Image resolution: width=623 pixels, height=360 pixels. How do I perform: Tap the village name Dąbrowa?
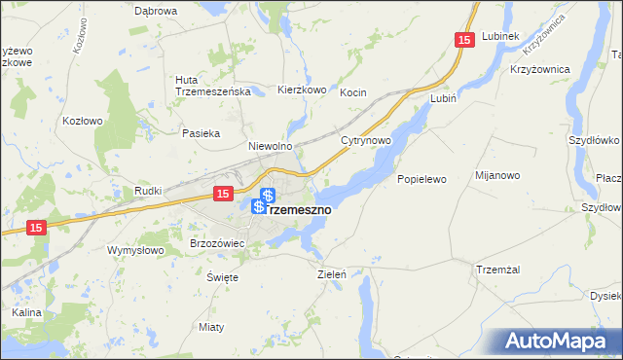[x=156, y=11]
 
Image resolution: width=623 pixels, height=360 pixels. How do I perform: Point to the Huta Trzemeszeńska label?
[x=213, y=86]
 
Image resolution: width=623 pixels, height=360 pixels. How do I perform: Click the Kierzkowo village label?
[x=301, y=90]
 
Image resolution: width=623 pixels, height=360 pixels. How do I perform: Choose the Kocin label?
[x=352, y=92]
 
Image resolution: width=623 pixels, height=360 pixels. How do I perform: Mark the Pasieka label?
[x=201, y=132]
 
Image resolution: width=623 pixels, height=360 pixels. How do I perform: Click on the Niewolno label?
[x=270, y=146]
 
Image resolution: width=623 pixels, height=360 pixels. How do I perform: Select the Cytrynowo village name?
[x=366, y=140]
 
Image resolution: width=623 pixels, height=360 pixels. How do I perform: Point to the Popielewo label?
[x=421, y=179]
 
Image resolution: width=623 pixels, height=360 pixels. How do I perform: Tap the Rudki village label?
[x=147, y=191]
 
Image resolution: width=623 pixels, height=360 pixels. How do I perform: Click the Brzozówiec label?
[x=215, y=242]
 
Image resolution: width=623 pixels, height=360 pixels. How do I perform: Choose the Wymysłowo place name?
[x=134, y=249]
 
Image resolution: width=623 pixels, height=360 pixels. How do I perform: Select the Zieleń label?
[x=332, y=274]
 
